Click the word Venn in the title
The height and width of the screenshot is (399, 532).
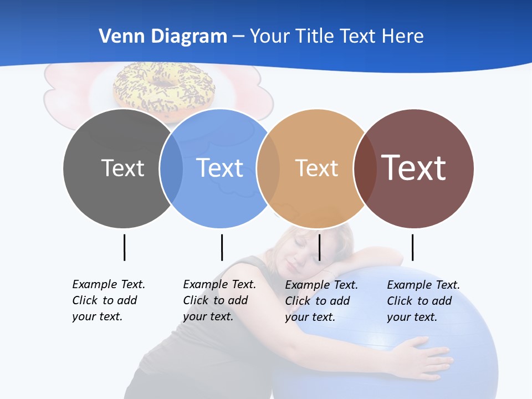point(118,37)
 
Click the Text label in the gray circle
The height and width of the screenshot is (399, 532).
point(122,168)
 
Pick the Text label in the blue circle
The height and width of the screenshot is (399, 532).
point(220,168)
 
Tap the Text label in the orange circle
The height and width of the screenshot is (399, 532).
point(316,168)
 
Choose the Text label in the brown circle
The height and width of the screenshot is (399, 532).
point(414,168)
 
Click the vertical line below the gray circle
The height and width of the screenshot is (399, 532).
point(124,247)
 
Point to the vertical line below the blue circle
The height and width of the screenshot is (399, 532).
point(222,247)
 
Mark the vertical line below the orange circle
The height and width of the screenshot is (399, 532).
point(320,247)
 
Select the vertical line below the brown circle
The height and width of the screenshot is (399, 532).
point(412,247)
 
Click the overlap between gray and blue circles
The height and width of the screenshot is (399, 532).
point(171,168)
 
